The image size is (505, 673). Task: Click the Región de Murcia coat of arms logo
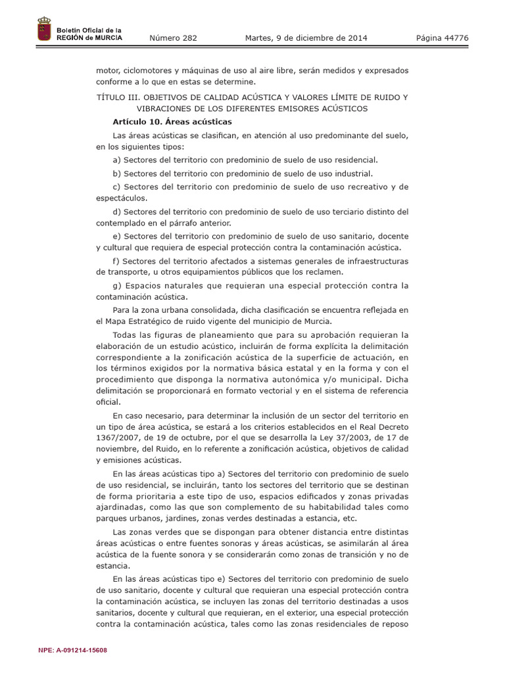pos(44,31)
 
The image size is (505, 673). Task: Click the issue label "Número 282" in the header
pos(173,38)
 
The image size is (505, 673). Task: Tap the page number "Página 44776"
pos(442,38)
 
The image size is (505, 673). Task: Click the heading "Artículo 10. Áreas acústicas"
pos(172,122)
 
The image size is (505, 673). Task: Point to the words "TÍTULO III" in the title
pos(118,97)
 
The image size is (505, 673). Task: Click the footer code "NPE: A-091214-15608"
pos(73,650)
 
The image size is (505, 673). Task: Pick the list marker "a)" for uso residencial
pos(117,160)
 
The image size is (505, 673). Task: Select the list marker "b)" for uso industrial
pos(117,174)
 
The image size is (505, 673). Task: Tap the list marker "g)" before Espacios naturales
pos(117,285)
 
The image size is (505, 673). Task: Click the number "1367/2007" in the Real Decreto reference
pos(116,437)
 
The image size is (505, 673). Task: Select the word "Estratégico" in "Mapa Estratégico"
pos(152,321)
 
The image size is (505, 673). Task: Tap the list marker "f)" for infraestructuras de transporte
pos(116,261)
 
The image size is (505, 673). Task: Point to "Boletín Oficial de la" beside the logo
pos(89,30)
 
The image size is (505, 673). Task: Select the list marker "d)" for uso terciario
pos(117,212)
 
